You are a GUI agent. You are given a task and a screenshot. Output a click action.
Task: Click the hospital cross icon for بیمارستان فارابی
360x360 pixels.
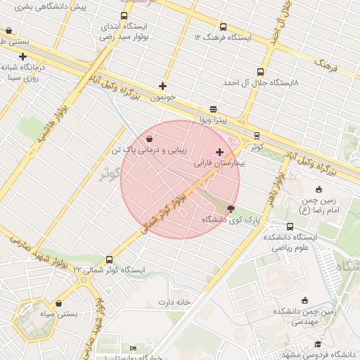[220, 152]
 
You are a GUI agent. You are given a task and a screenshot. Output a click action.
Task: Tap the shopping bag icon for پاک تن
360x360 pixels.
[150, 139]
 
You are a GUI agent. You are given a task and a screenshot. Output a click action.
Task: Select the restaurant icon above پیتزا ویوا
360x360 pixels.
[213, 109]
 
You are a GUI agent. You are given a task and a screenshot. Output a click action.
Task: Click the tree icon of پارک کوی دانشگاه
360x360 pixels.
[231, 208]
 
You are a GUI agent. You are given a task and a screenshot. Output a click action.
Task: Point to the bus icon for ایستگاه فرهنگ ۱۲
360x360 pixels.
[224, 27]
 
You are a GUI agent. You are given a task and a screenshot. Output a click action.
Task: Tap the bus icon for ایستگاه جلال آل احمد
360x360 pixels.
[261, 72]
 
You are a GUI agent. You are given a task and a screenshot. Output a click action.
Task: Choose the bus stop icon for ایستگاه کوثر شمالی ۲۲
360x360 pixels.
[108, 259]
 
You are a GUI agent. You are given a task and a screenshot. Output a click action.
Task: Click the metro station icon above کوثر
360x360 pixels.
[257, 136]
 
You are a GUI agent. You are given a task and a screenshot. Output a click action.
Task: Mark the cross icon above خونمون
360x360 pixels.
[163, 86]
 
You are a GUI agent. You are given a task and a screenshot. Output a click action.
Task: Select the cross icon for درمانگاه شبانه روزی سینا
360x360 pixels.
[23, 57]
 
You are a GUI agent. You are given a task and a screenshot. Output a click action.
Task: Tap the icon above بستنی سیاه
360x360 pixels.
[58, 304]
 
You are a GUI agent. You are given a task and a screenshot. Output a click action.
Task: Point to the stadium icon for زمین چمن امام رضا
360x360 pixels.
[319, 188]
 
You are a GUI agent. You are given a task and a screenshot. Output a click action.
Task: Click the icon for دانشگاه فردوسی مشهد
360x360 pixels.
[318, 344]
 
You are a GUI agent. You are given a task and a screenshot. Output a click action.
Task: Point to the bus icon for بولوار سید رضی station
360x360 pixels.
[124, 16]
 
